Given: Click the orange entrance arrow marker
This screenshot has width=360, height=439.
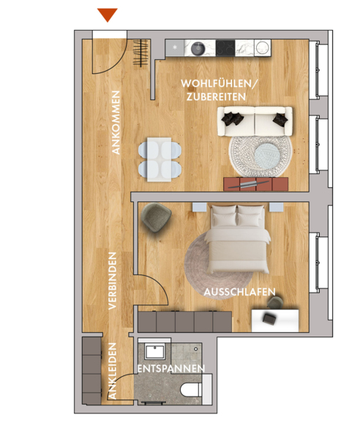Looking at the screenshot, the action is point(108,15).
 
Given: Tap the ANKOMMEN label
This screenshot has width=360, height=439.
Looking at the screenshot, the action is point(116,122).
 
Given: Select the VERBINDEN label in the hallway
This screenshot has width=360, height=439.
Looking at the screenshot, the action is point(112,281).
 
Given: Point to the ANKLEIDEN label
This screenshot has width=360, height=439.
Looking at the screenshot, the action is point(112,371).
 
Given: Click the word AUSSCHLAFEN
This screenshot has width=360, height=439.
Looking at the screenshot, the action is point(239,292).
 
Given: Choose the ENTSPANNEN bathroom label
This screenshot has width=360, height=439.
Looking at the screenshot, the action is point(171,369).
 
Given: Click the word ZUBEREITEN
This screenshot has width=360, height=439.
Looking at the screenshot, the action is point(216,97).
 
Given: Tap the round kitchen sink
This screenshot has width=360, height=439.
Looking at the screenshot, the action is point(198,48).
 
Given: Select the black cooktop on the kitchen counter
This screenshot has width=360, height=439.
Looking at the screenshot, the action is point(225,48).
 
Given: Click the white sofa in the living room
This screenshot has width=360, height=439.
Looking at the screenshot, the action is point(255,121).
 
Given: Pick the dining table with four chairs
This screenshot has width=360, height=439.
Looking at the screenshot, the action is point(160,160).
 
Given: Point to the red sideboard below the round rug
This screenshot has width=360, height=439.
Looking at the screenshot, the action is point(256,184).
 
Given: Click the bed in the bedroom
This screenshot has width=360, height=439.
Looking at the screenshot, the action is point(237,239).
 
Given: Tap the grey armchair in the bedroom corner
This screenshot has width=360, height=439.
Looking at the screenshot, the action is point(156,217).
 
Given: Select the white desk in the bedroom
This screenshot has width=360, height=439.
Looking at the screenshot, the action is point(275,320).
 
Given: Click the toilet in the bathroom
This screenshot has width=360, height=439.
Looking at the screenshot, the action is point(192,389).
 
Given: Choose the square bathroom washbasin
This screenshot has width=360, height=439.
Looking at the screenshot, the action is point(155,352).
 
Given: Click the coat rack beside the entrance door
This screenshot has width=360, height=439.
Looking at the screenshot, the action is point(140,53).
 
